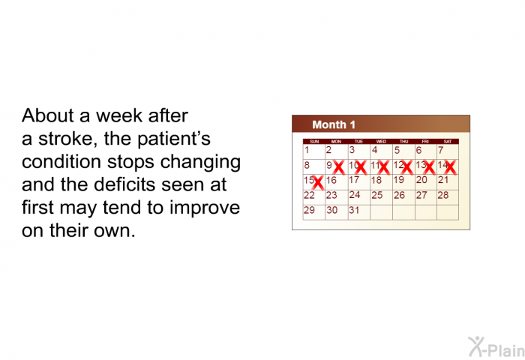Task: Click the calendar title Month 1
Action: [334, 124]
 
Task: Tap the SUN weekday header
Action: [314, 142]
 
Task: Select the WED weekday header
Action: [381, 142]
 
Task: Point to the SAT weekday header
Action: [447, 142]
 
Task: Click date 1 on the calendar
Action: [307, 150]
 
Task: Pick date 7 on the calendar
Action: [441, 150]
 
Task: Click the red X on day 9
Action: [339, 167]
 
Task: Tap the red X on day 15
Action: [317, 182]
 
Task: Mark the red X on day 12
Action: [406, 167]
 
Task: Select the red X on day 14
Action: [450, 167]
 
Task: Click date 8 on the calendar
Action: [307, 165]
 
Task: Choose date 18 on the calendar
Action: [376, 180]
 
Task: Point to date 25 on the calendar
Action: [377, 195]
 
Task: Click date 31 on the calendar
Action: [354, 210]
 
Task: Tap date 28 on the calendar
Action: [443, 195]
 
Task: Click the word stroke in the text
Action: [66, 138]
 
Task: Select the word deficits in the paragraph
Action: [125, 184]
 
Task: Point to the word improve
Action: [205, 208]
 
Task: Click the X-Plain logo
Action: [496, 347]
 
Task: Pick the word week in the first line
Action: [119, 115]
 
